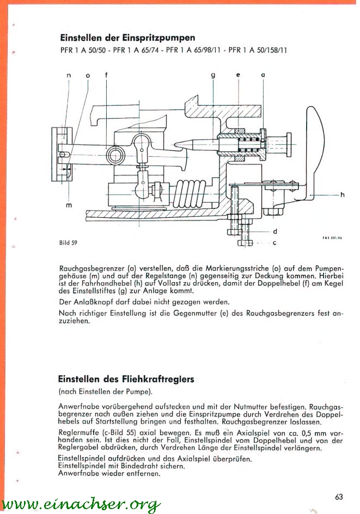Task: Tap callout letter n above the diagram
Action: [69, 75]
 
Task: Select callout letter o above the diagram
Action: [88, 75]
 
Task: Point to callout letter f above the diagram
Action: [106, 75]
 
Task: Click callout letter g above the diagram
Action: [213, 75]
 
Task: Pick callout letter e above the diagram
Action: [239, 75]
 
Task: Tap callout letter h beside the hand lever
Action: [342, 195]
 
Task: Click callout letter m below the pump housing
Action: [69, 205]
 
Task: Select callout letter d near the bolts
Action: [274, 231]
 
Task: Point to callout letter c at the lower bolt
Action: [274, 243]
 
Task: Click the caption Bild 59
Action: [68, 243]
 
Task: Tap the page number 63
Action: [339, 497]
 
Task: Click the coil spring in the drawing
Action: [190, 194]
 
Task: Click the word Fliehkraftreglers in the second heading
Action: [158, 380]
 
